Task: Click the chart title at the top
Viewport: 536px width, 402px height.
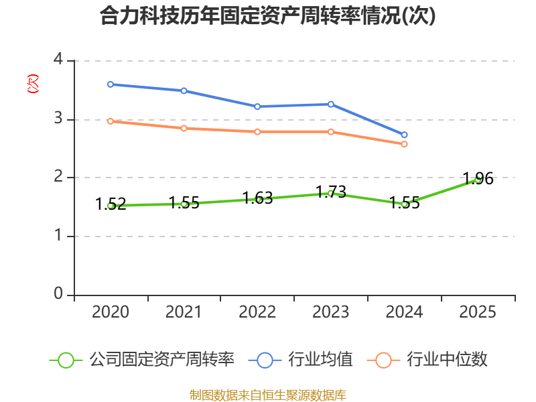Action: point(267,16)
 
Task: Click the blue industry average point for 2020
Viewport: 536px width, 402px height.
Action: point(111,84)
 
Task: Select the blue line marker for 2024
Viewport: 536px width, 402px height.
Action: point(405,135)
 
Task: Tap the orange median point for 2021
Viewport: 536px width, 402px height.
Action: point(184,128)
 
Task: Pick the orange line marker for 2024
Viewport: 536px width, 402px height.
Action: point(405,144)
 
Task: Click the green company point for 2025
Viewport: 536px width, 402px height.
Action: point(478,179)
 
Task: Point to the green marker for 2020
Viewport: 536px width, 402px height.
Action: point(111,206)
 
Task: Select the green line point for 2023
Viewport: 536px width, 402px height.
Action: point(331,193)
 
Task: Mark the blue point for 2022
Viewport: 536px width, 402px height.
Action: point(257,107)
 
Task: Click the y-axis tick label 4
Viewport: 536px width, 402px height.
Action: point(58,60)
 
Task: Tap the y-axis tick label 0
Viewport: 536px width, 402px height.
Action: point(58,294)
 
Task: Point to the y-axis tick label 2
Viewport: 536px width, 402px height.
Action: point(58,178)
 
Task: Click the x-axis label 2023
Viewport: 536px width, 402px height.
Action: point(331,312)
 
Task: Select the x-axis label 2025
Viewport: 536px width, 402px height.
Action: point(478,312)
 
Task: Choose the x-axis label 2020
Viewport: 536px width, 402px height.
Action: point(111,312)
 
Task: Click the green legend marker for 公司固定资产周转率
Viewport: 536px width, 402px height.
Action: point(66,360)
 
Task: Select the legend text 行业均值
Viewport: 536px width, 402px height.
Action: point(320,360)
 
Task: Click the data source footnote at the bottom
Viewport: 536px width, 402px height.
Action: point(267,395)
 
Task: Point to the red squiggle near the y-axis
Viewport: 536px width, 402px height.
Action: point(32,84)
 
